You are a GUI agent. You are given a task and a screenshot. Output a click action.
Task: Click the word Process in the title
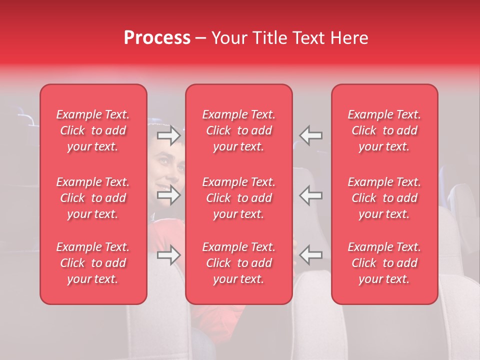157,38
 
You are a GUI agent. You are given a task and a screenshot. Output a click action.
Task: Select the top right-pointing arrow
168,135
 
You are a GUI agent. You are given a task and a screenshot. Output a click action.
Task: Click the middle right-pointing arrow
168,195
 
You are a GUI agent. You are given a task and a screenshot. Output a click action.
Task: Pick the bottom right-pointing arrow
168,255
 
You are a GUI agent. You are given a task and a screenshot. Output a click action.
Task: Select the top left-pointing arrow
311,135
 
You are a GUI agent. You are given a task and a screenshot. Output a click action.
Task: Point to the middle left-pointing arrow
311,195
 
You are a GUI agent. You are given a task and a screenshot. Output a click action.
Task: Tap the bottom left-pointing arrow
311,255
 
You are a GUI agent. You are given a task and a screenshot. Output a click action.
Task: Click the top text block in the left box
93,130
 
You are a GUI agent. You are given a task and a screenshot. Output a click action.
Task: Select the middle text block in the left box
93,198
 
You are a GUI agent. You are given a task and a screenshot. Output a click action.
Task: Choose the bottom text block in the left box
93,263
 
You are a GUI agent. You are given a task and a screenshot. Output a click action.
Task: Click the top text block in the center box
239,130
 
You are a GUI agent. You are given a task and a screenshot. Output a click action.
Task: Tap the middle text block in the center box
239,198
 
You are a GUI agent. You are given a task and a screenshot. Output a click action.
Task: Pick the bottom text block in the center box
239,263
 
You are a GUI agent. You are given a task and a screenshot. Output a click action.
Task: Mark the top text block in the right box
384,130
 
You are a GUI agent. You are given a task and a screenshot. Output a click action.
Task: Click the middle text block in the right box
384,198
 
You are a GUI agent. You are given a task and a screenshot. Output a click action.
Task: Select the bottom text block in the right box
384,263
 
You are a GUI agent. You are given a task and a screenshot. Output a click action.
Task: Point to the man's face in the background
166,172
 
